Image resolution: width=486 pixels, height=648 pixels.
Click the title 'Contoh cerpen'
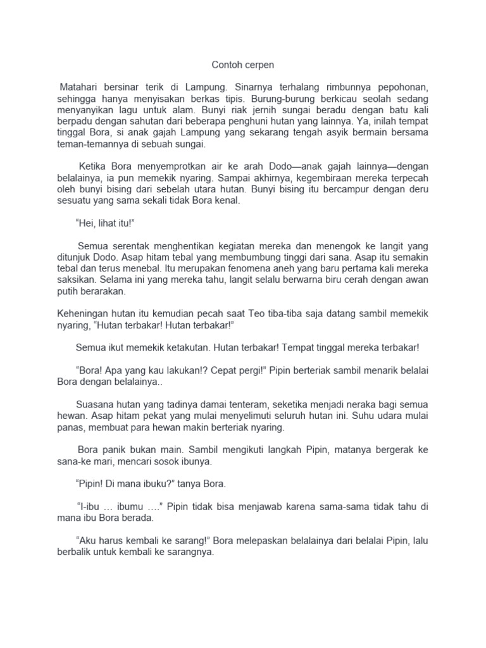242,65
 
